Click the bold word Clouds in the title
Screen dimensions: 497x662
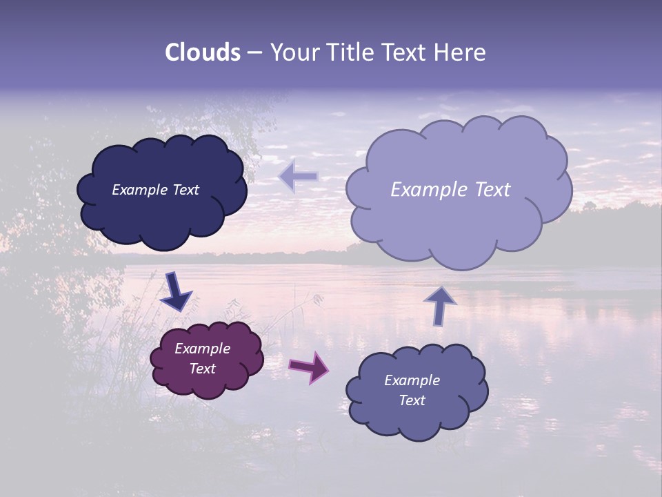pos(203,52)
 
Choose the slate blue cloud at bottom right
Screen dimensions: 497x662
pos(417,421)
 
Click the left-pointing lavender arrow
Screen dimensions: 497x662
pos(299,177)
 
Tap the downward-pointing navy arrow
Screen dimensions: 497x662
pos(175,291)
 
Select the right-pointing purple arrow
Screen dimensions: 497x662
pos(309,367)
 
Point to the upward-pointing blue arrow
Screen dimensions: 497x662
pos(440,305)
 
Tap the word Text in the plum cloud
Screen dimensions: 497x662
pos(203,369)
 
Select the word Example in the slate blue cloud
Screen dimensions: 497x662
pos(412,380)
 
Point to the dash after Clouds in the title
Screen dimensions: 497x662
pos(254,52)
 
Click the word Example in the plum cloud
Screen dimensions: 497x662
pos(203,349)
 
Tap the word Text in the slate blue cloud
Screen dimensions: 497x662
pos(412,400)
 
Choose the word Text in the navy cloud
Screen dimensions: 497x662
pos(184,190)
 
